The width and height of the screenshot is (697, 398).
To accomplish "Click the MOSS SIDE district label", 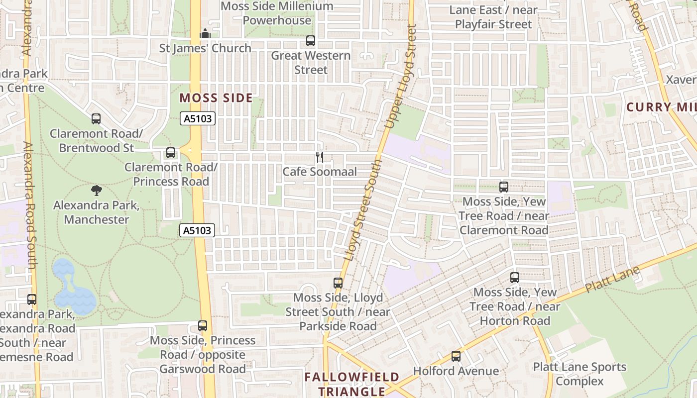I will coord(216,98).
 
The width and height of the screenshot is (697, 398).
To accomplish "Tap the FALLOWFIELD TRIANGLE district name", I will coord(352,384).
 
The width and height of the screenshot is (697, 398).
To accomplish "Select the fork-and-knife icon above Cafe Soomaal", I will coord(320,157).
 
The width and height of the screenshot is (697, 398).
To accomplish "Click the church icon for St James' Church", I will coord(205,34).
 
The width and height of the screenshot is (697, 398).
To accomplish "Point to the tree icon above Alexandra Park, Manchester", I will coord(97,190).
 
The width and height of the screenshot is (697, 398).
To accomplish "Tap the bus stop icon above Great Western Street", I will coord(311,41).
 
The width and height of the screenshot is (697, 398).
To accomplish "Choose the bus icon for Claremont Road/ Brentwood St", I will coord(96,119).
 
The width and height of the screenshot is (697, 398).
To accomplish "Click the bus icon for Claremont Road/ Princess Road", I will coord(171,153).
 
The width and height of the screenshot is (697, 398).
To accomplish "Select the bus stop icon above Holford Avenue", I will coord(456,356).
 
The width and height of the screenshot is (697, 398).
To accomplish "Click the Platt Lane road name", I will coord(612,281).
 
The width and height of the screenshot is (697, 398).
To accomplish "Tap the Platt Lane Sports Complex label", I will coord(580,374).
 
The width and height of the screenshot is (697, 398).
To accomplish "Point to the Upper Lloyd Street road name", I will coord(400,77).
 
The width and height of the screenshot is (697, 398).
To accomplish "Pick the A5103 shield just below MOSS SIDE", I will coord(198,118).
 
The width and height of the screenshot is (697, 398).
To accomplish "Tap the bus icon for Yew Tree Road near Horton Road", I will coord(515,278).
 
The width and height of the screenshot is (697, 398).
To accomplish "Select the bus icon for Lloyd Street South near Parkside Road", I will coord(338,283).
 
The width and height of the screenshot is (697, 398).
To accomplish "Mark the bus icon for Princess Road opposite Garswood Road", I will coord(203,326).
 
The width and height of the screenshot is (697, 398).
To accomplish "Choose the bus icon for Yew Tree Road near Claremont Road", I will coord(504,187).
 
